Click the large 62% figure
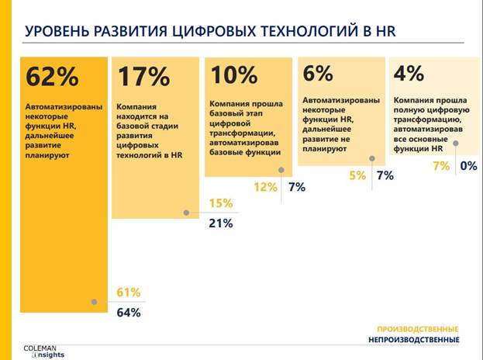(53, 78)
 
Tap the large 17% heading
(143, 78)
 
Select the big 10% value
(234, 75)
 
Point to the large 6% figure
(318, 74)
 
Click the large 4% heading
(409, 74)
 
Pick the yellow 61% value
(128, 292)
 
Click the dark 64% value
(128, 313)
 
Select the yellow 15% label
(220, 203)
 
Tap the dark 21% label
(220, 223)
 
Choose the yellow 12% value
(265, 187)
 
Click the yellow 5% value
(357, 176)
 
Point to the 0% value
(468, 166)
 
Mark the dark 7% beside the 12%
(296, 187)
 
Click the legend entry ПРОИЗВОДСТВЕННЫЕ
(417, 328)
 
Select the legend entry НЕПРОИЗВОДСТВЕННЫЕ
(413, 340)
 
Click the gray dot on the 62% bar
(94, 302)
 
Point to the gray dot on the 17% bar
(185, 212)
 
